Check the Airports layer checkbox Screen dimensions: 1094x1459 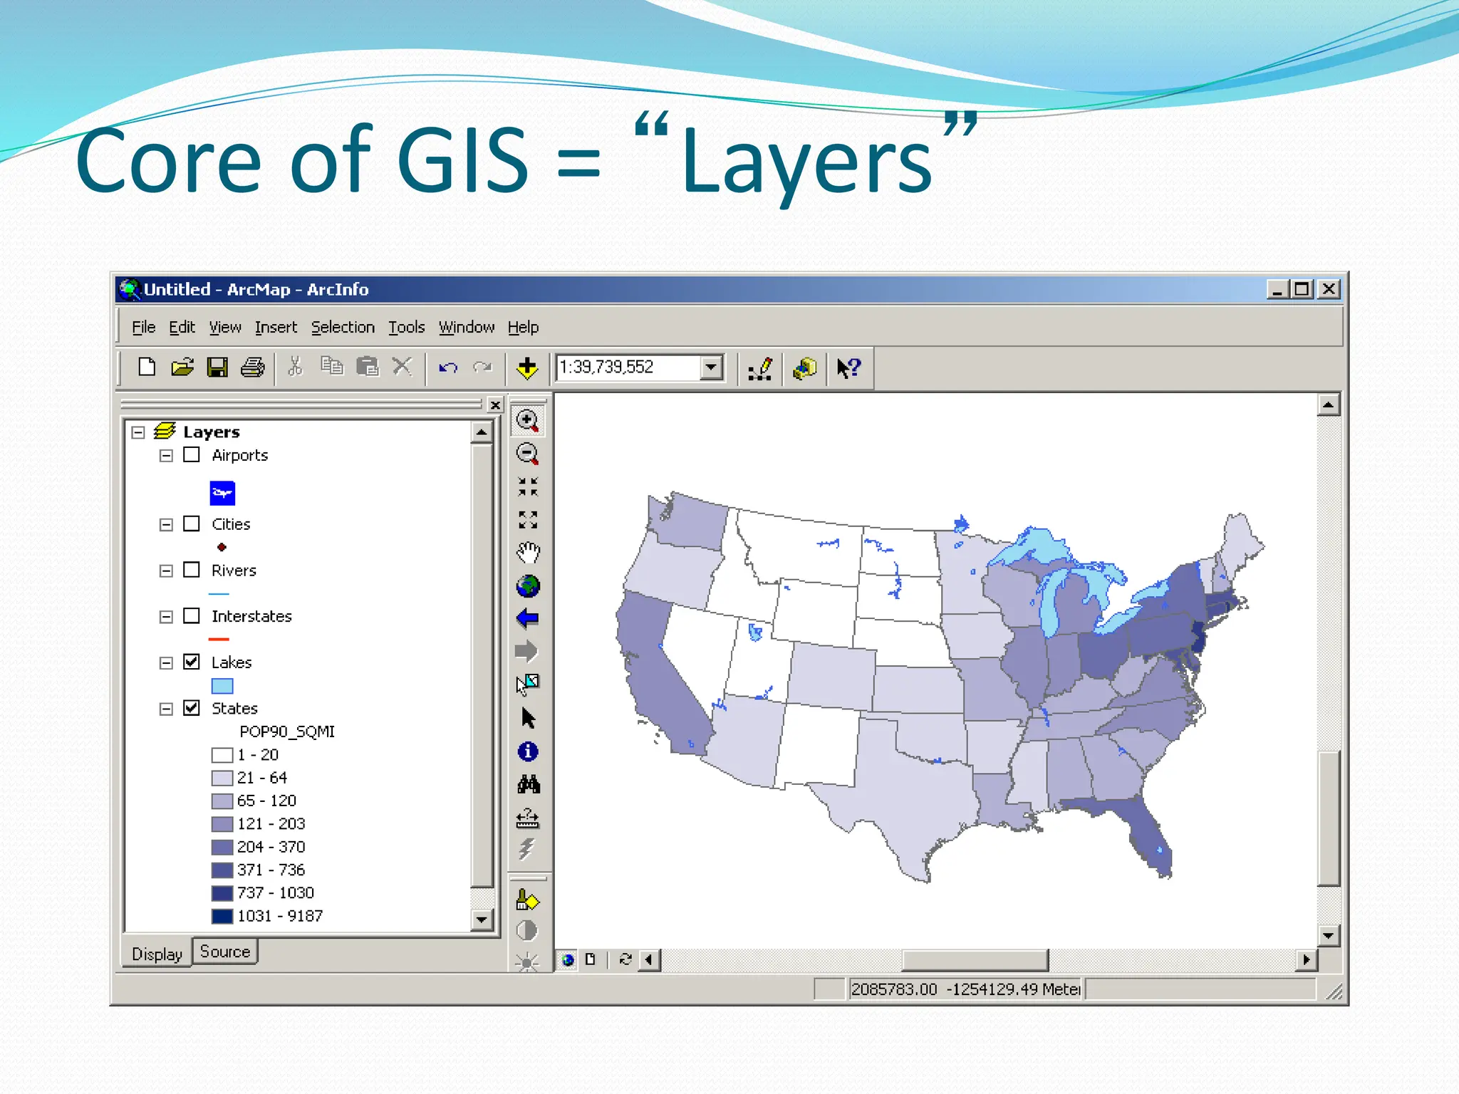tap(192, 454)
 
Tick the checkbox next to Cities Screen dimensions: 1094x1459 tap(192, 523)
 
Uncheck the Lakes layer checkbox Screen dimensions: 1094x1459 tap(192, 662)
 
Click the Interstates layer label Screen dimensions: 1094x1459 tap(251, 616)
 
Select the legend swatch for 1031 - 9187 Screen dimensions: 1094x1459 tap(222, 916)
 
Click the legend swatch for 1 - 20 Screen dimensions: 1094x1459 tap(222, 755)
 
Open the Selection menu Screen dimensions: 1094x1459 tap(343, 327)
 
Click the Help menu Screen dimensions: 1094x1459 tap(523, 327)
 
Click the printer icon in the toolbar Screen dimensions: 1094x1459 tap(252, 368)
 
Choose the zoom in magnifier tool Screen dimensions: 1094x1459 tap(527, 420)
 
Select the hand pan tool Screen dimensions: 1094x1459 tap(528, 552)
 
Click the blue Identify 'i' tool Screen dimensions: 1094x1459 tap(528, 751)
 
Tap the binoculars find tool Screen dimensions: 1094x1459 tap(528, 784)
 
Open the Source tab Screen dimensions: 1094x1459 tap(225, 952)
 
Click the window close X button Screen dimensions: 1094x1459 tap(1329, 289)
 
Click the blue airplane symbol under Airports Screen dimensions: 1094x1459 tap(222, 493)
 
